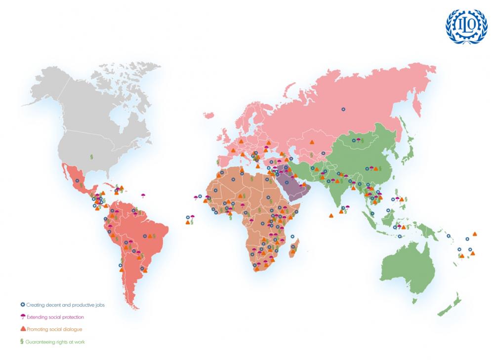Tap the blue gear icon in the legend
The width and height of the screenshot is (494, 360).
(22, 305)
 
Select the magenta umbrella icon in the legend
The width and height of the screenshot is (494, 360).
(22, 317)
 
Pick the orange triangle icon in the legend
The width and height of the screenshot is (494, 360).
(22, 329)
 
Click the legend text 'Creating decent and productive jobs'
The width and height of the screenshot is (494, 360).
(65, 305)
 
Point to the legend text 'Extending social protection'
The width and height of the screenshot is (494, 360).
(55, 317)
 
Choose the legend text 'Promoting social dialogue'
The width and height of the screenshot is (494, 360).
(54, 329)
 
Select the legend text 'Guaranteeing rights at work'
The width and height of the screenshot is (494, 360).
(55, 341)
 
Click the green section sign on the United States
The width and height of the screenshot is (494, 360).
(91, 157)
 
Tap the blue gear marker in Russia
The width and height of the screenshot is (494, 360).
(343, 109)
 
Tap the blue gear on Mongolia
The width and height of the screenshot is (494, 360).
(353, 140)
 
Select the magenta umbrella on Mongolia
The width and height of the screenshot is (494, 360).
(358, 140)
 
